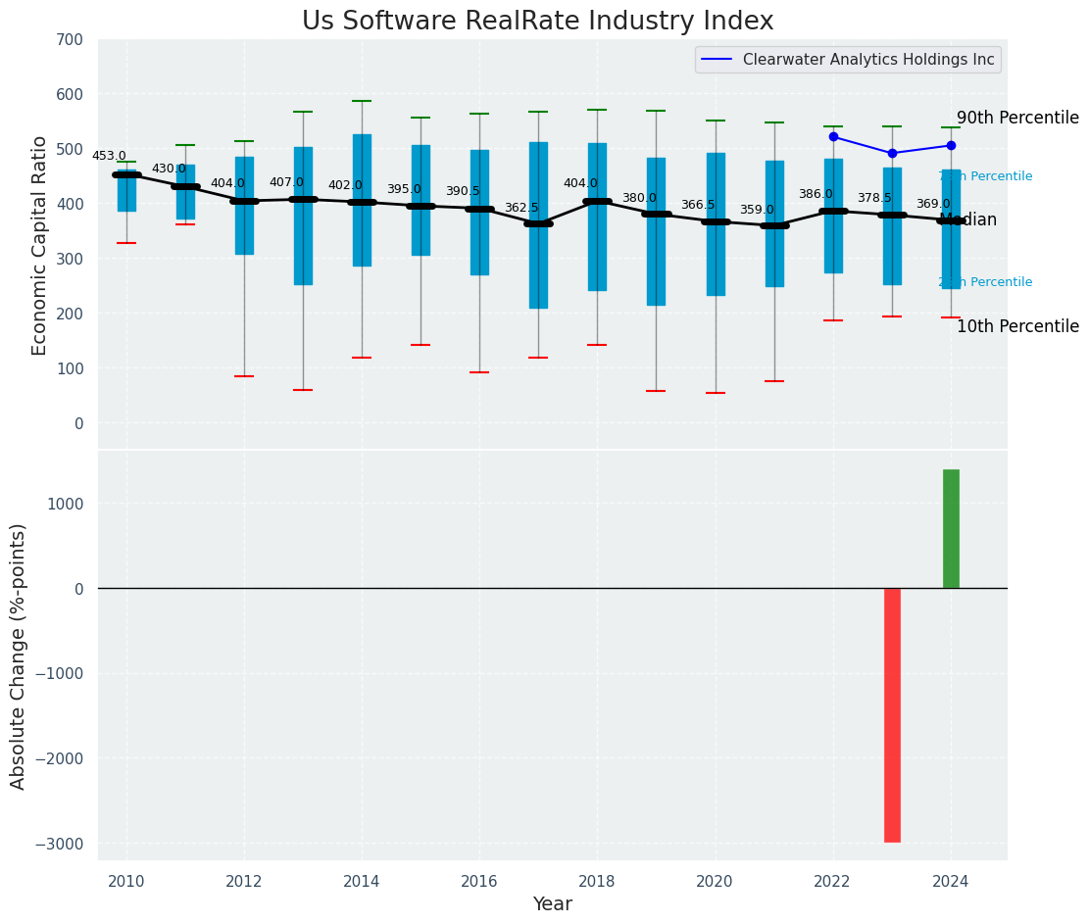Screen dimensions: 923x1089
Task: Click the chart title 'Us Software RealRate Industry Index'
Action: point(537,22)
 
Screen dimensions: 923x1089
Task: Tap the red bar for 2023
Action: point(892,714)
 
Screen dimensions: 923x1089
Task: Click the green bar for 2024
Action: point(951,529)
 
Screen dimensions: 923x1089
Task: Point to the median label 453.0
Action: point(109,156)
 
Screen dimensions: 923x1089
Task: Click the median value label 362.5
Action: point(521,208)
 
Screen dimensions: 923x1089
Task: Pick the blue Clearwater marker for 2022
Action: point(833,136)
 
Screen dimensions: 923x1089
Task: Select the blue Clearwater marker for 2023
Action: point(892,153)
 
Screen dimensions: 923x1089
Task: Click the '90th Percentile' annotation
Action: point(1017,118)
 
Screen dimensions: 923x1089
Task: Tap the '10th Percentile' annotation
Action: point(1017,326)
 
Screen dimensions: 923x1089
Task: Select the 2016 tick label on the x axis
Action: point(479,881)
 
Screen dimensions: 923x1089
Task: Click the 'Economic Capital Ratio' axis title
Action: point(40,245)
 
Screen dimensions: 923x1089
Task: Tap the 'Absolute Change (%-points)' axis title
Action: point(19,656)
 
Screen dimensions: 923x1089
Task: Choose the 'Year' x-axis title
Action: point(553,904)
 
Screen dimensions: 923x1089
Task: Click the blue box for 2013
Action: point(303,216)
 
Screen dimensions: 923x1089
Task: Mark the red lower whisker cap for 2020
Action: point(716,393)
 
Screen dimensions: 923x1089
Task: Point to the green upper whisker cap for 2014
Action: point(362,101)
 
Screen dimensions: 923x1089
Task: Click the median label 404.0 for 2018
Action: point(580,183)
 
